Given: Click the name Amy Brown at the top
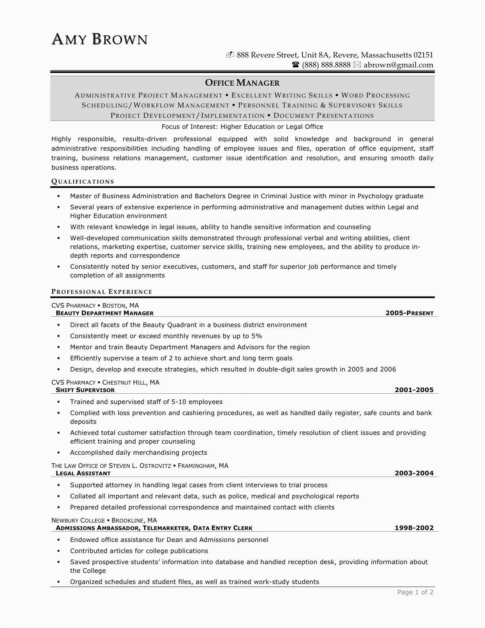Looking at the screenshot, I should pos(99,39).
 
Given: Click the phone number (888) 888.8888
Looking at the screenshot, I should pos(326,65).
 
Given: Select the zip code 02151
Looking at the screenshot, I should pos(423,55).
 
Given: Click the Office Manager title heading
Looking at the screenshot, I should pos(242,83).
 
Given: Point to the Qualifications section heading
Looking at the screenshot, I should pos(83,182).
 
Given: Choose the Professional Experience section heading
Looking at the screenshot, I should pos(102,292).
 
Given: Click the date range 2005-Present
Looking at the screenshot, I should pos(409,313).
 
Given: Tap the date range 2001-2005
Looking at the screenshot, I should pos(414,390).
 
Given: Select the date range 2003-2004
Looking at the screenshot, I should pos(414,473).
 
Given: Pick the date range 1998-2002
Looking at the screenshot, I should pos(414,528).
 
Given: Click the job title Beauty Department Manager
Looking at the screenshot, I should pos(105,313).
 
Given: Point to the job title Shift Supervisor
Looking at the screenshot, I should pos(85,390).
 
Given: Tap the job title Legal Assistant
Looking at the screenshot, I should pos(83,473).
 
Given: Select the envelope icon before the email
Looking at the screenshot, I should pos(357,65).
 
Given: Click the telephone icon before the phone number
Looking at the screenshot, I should pos(296,65).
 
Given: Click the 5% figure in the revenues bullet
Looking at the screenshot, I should pos(256,336).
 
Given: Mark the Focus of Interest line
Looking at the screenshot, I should pos(242,127).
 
